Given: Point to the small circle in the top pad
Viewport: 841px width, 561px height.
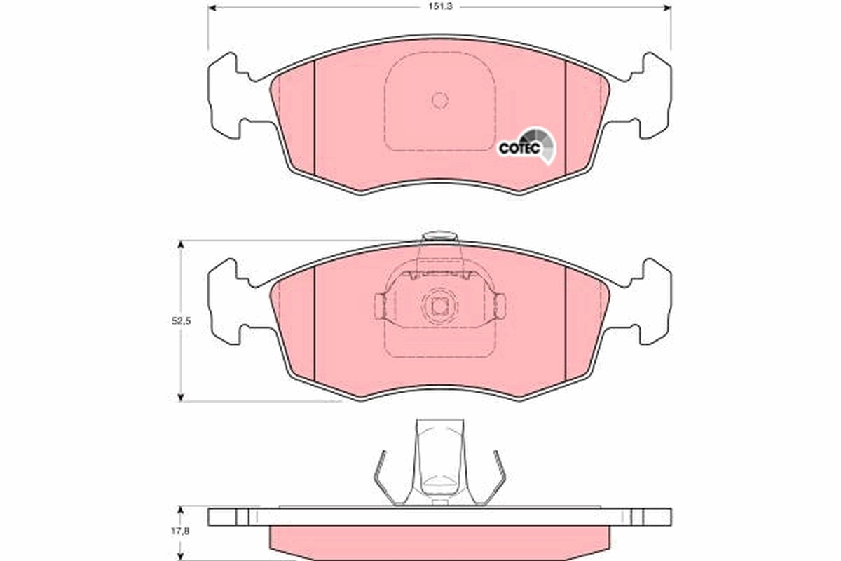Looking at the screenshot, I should pyautogui.click(x=439, y=100).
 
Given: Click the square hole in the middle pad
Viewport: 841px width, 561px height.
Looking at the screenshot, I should pyautogui.click(x=439, y=306).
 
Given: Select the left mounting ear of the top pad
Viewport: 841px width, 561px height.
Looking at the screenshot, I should pyautogui.click(x=228, y=94).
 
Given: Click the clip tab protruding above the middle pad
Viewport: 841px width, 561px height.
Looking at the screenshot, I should pyautogui.click(x=439, y=236).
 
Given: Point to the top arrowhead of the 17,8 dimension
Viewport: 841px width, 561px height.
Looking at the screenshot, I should pyautogui.click(x=181, y=510).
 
